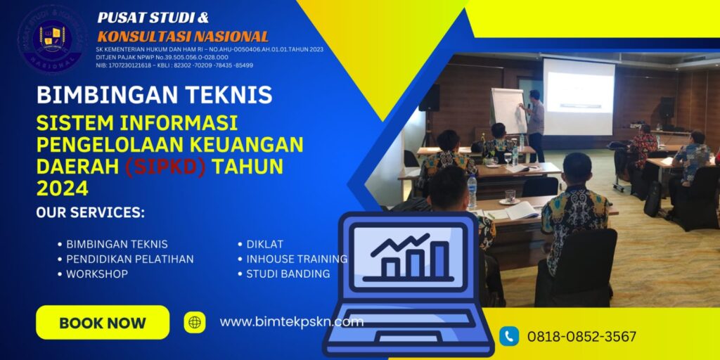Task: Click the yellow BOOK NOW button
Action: coord(103,323)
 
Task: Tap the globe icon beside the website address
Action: coord(195,323)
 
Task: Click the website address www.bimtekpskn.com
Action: coord(291,322)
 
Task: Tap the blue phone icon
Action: coord(509,336)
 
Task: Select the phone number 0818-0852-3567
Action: coord(581,337)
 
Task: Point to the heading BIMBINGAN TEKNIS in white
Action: coord(154,95)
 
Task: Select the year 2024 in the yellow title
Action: coord(63,188)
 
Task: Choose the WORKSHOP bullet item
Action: coord(97,274)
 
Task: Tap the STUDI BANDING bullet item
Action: coord(288,274)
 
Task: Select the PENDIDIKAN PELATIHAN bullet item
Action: coord(129,259)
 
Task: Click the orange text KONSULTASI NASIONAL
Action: coord(183,37)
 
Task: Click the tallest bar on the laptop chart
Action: coord(441,259)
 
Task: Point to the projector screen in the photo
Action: coord(578,97)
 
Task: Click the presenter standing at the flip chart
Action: coord(534,123)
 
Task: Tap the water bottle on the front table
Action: coord(472,191)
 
